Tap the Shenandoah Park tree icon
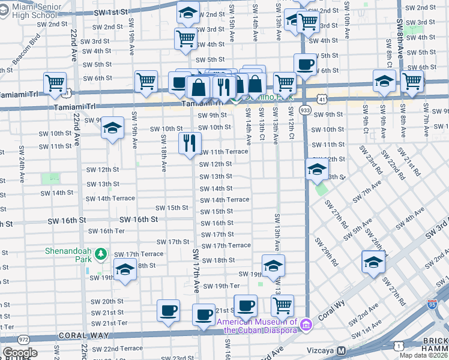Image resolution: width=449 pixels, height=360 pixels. (101, 254)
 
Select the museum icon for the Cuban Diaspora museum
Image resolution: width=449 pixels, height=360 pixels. (306, 325)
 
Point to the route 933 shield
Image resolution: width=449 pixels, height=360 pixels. (305, 110)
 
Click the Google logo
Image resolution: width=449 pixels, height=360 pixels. (20, 353)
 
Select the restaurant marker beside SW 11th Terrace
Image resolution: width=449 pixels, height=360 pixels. (188, 143)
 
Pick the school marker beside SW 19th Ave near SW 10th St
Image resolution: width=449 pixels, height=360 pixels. (112, 128)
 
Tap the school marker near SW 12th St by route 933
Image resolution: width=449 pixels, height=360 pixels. (316, 170)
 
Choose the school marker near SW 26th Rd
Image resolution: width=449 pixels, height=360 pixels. (373, 262)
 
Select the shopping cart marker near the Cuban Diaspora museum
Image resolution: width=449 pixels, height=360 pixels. (282, 304)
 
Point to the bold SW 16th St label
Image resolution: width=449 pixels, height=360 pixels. (139, 220)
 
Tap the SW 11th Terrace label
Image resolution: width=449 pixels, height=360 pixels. (223, 152)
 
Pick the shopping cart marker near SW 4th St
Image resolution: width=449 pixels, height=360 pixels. (185, 38)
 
